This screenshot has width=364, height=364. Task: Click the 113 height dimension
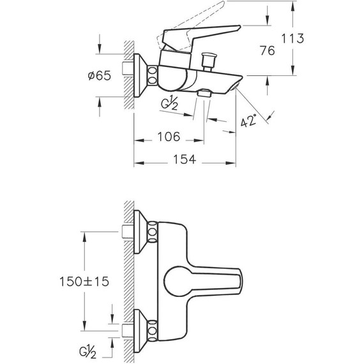pos(292,38)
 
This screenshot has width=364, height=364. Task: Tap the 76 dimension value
pos(267,50)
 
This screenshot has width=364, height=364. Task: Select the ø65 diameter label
pos(100,75)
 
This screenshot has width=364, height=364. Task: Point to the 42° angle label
pos(248,121)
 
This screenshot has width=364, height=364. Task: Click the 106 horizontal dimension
pos(169,137)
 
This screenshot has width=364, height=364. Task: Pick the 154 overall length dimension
pos(185,159)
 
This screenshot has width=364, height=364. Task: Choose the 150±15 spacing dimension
pos(84,282)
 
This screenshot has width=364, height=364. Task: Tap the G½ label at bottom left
pos(87,353)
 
